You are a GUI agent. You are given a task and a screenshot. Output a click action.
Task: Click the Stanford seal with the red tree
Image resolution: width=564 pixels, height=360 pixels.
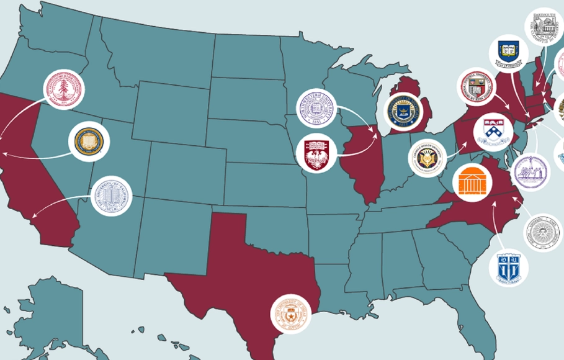[x=63, y=90]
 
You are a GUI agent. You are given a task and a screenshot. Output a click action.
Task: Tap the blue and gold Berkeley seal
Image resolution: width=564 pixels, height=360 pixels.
[x=88, y=142]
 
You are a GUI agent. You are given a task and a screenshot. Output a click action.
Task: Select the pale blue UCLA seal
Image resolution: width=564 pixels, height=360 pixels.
[x=112, y=196]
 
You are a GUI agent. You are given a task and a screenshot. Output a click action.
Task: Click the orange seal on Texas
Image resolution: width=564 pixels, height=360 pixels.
[x=290, y=314]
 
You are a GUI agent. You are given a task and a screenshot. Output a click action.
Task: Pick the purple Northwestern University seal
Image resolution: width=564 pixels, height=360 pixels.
[x=317, y=109]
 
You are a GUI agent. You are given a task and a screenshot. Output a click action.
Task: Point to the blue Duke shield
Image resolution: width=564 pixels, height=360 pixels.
[x=508, y=268]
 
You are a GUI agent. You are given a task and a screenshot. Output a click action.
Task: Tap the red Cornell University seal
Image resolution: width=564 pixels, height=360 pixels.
[x=477, y=87]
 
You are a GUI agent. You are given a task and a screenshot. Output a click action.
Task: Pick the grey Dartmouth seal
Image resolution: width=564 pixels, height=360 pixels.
[x=544, y=28]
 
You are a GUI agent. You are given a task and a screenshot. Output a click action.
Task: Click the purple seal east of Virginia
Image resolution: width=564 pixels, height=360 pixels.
[x=530, y=172]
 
